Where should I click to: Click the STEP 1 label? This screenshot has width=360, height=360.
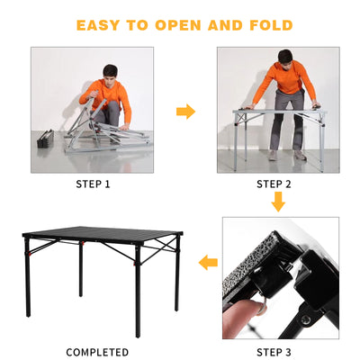point(94,184)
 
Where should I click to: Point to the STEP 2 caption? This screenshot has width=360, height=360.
point(275,184)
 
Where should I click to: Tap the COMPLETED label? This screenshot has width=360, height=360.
point(97,351)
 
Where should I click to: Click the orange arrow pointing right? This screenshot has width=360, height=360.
point(185,112)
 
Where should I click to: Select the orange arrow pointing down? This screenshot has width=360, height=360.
point(278,202)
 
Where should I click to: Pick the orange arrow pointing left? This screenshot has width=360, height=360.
point(208,263)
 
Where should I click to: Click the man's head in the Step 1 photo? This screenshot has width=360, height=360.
point(110,71)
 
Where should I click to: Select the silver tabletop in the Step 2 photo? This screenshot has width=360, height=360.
point(274,111)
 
